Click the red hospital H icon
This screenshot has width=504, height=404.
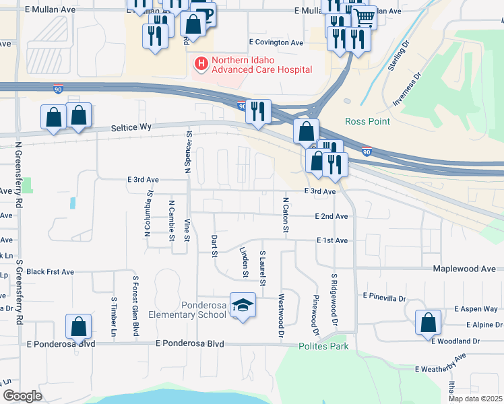click(x=201, y=64)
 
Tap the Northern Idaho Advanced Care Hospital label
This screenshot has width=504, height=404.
click(x=261, y=65)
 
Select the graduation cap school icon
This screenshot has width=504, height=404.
click(x=243, y=306)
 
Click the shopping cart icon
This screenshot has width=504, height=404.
click(x=364, y=16)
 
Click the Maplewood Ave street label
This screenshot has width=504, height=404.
click(x=464, y=269)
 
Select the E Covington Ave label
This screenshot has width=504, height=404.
click(x=276, y=42)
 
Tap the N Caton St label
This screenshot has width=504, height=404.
click(x=286, y=215)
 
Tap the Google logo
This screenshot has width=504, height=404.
click(x=22, y=396)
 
